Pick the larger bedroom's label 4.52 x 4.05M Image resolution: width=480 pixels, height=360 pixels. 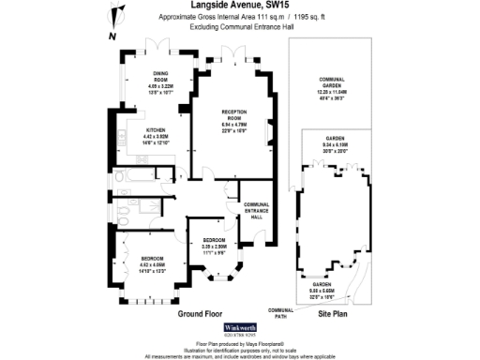click(152, 262)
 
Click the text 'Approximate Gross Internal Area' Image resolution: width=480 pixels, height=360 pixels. click(207, 17)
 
